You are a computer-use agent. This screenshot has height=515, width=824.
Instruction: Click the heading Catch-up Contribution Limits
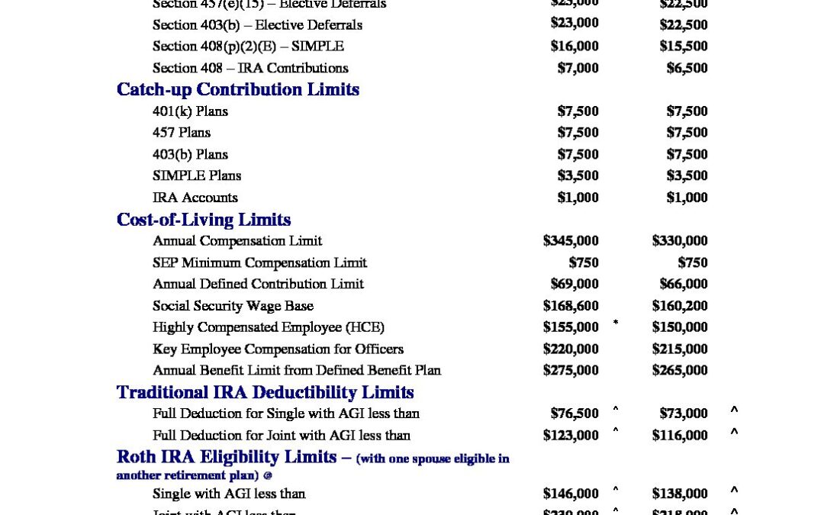pyautogui.click(x=237, y=89)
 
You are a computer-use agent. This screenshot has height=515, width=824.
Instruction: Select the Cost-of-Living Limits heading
pyautogui.click(x=203, y=220)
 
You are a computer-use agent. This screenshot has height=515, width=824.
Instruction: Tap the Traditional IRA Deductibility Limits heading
pyautogui.click(x=265, y=392)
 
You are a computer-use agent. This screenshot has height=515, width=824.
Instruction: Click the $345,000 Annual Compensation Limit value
pyautogui.click(x=571, y=241)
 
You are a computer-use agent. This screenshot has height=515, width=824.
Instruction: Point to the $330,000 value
pyautogui.click(x=680, y=241)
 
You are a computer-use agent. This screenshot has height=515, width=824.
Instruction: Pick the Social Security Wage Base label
pyautogui.click(x=233, y=306)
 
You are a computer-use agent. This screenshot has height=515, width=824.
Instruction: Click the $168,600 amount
pyautogui.click(x=571, y=306)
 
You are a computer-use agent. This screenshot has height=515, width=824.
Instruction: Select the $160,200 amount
pyautogui.click(x=680, y=306)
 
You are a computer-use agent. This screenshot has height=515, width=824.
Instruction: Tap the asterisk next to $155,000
pyautogui.click(x=616, y=323)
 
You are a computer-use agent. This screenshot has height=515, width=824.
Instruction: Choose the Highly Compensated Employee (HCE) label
pyautogui.click(x=269, y=327)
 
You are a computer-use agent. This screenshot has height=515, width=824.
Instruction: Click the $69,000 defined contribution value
pyautogui.click(x=575, y=284)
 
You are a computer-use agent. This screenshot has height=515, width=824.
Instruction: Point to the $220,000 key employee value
pyautogui.click(x=571, y=349)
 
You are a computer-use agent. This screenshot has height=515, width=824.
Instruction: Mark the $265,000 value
pyautogui.click(x=680, y=370)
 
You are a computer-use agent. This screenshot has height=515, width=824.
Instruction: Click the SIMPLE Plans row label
pyautogui.click(x=197, y=175)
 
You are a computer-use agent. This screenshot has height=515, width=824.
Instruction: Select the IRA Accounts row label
pyautogui.click(x=195, y=198)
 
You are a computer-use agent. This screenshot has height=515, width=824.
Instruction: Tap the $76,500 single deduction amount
pyautogui.click(x=575, y=414)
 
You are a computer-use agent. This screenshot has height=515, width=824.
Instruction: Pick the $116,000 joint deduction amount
pyautogui.click(x=680, y=436)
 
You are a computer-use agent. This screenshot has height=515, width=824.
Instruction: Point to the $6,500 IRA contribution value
pyautogui.click(x=687, y=68)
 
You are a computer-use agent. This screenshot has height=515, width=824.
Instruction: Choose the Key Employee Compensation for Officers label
pyautogui.click(x=278, y=349)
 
